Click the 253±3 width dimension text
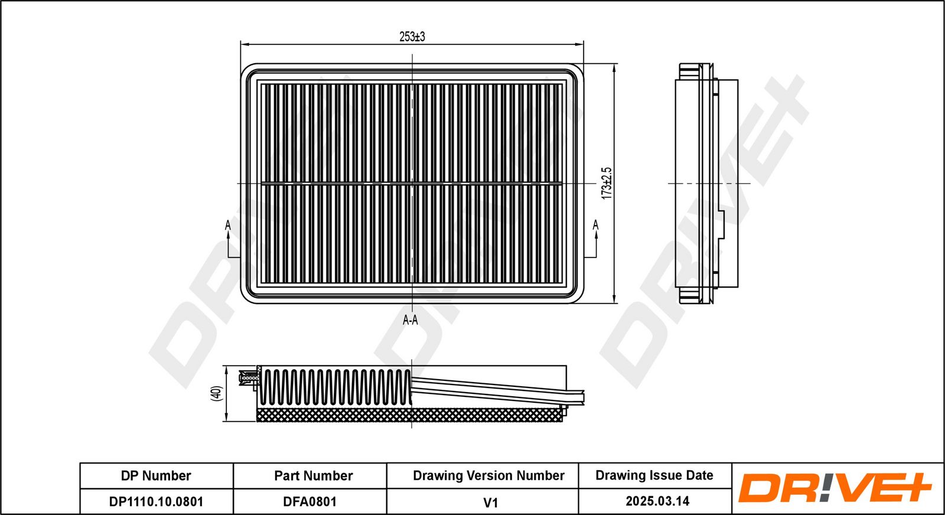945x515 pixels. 412,37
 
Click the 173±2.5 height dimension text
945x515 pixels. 607,183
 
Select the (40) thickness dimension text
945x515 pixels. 216,394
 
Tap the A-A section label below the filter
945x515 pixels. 410,320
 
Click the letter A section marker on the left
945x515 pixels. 228,225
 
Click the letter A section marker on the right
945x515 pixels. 595,225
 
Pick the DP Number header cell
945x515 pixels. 156,476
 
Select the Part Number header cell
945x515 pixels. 313,476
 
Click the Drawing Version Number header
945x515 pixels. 488,476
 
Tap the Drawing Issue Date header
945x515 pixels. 654,475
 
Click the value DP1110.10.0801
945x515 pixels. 156,502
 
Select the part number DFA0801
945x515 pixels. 309,502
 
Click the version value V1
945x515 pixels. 490,503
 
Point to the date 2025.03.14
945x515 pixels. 657,501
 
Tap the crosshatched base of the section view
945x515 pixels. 408,415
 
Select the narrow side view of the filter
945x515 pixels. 706,183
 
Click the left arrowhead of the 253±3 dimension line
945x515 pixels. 244,44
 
